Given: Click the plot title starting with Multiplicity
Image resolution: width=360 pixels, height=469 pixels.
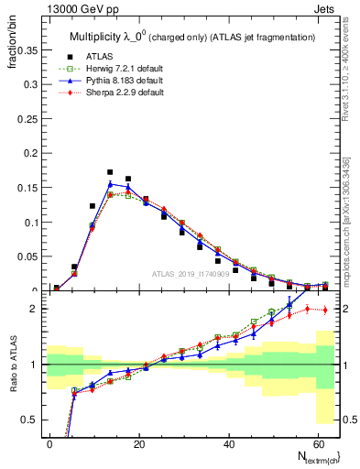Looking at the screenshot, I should pos(191,36).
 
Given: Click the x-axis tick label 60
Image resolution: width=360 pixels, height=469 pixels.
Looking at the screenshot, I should pos(314,442).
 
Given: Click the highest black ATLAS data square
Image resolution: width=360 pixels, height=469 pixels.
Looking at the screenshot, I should pos(110,172).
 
